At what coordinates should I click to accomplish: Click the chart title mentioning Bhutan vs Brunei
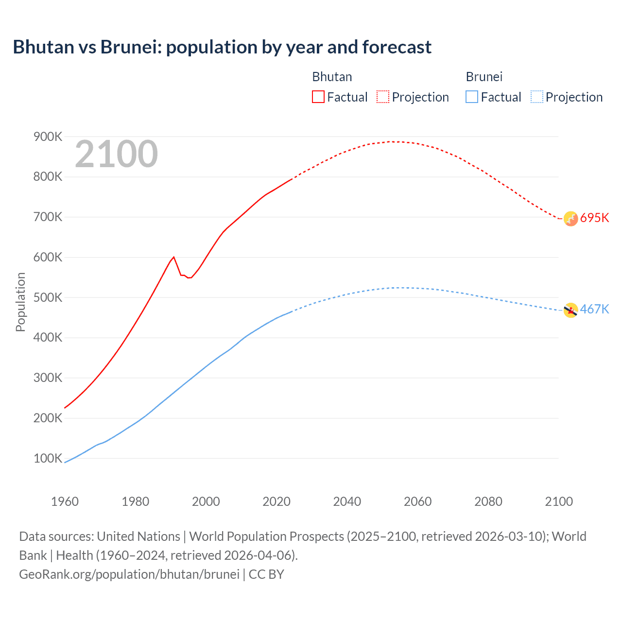[222, 47]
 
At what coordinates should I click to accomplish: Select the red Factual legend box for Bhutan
[318, 97]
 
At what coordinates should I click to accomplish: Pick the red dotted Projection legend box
[383, 97]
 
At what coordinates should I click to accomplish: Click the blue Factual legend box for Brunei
[472, 97]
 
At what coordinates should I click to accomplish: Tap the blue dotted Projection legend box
[536, 97]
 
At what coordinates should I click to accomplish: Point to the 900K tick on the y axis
[48, 137]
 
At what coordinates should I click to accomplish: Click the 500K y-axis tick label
[48, 297]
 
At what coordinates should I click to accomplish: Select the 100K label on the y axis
[48, 458]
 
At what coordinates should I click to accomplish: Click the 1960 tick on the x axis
[65, 501]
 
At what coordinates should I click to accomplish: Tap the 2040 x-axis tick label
[347, 501]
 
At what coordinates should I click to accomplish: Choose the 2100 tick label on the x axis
[559, 501]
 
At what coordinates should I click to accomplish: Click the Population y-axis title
[20, 302]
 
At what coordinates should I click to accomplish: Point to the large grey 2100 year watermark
[116, 154]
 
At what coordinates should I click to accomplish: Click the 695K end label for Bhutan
[594, 218]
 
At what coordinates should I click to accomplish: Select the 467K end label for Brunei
[594, 309]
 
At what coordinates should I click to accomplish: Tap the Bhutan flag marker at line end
[570, 219]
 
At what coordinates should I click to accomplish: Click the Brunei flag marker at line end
[570, 310]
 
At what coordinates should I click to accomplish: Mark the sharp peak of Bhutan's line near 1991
[173, 257]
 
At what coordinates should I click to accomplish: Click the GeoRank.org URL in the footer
[129, 574]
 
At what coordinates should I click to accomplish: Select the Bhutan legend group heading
[332, 77]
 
